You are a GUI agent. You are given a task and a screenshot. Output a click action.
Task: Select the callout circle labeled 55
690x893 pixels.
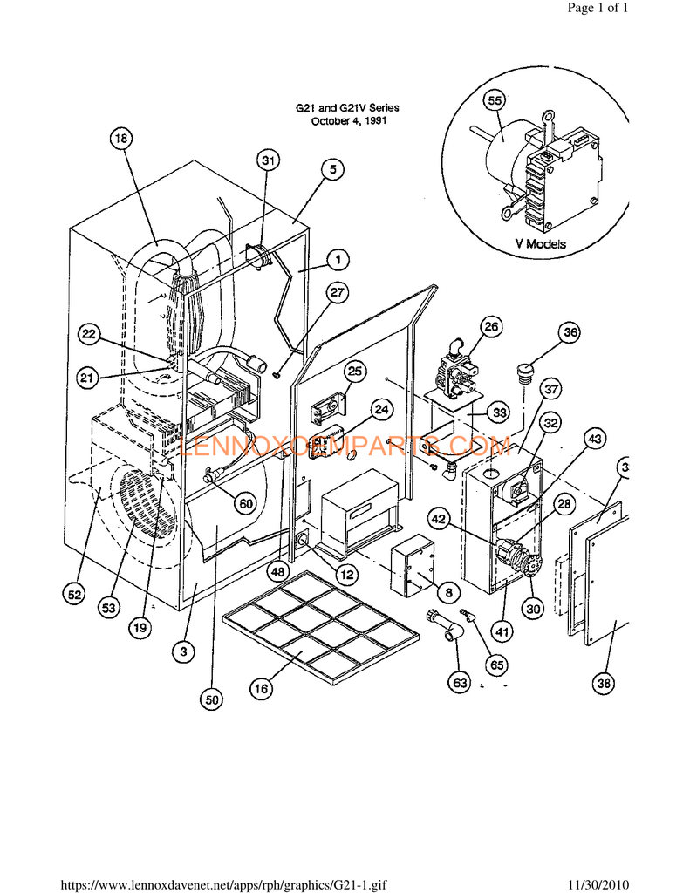pyautogui.click(x=495, y=101)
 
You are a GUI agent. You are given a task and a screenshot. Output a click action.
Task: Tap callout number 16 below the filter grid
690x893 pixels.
pyautogui.click(x=261, y=688)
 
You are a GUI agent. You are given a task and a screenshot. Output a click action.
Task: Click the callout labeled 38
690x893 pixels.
pyautogui.click(x=603, y=684)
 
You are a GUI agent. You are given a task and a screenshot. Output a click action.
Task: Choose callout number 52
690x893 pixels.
pyautogui.click(x=75, y=595)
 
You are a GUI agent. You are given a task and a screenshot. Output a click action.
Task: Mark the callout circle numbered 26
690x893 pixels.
pyautogui.click(x=491, y=327)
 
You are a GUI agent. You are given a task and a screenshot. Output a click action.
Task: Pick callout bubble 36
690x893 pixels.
pyautogui.click(x=570, y=332)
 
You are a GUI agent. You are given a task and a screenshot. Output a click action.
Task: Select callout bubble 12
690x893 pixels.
pyautogui.click(x=347, y=576)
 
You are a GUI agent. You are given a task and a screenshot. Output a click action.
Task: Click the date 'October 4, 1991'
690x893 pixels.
pyautogui.click(x=349, y=121)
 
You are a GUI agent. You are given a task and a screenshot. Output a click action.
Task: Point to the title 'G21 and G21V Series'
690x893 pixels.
pyautogui.click(x=348, y=108)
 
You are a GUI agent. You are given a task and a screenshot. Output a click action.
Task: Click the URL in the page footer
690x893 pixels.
pyautogui.click(x=224, y=883)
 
